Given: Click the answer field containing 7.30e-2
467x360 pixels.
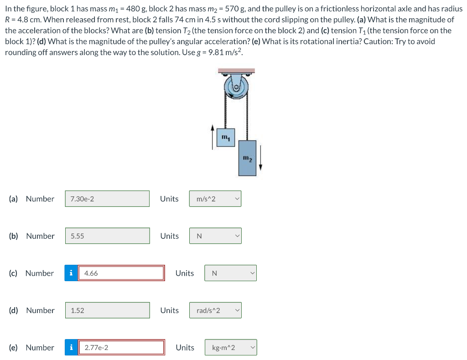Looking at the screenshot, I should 107,199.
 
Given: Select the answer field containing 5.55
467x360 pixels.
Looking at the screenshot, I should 107,236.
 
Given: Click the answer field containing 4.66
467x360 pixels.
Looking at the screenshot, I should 121,273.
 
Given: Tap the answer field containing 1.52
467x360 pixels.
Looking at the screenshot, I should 107,310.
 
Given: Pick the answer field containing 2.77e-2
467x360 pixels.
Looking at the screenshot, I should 121,348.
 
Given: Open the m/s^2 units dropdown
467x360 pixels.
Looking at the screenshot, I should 215,199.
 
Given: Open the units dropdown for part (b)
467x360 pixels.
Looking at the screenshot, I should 215,236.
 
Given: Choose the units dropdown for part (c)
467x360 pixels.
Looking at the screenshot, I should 230,273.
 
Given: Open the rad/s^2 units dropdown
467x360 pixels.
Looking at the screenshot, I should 215,310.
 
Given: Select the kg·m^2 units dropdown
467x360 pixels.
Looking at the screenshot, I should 230,348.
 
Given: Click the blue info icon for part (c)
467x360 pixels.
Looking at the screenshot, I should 71,273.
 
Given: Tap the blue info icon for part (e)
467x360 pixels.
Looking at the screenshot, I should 71,348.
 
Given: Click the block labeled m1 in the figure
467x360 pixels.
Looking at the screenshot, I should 225,138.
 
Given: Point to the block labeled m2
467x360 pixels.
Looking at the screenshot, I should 247,158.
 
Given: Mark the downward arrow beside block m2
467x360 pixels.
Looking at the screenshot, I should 260,157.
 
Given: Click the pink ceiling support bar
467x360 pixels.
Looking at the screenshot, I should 236,71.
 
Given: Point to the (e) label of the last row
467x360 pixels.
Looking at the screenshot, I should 14,348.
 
